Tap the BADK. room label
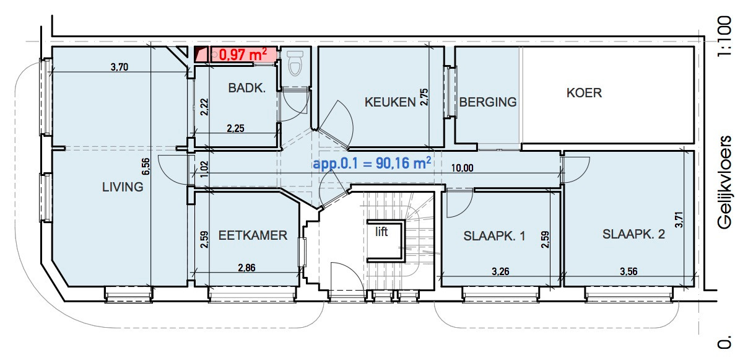246,89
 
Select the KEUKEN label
389,102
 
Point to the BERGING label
488,102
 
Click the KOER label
584,93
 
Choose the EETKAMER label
253,235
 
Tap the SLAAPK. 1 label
494,235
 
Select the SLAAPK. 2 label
633,234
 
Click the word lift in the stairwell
381,232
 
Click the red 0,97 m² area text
243,55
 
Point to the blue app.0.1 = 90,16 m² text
372,164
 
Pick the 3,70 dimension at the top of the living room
119,68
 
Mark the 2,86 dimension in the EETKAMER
248,268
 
